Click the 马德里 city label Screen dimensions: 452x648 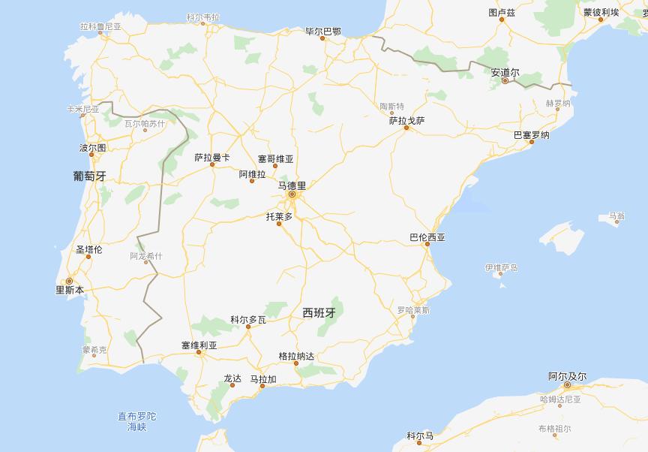point(292,185)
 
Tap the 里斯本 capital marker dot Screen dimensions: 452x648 point(69,281)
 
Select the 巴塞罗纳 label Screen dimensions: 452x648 point(531,135)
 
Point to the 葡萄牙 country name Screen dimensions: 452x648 point(89,176)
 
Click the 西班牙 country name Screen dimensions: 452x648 point(318,312)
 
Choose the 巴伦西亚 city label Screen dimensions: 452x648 point(427,237)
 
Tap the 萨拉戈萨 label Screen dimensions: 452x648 point(406,119)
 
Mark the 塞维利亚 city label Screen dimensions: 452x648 point(199,345)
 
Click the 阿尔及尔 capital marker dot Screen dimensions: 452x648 point(567,386)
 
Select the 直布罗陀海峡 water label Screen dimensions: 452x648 point(136,421)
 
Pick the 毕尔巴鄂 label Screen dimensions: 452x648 point(323,32)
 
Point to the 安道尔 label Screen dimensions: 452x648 point(505,72)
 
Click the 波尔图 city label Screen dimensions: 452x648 point(93,148)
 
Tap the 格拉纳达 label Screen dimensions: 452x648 point(296,355)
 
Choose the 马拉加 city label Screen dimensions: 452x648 point(263,379)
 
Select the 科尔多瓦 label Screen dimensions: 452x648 point(248,319)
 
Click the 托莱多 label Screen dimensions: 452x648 point(279,216)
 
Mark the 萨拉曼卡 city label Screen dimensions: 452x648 point(212,158)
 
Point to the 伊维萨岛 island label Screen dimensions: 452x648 point(501,267)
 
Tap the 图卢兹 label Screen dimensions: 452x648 point(502,13)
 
